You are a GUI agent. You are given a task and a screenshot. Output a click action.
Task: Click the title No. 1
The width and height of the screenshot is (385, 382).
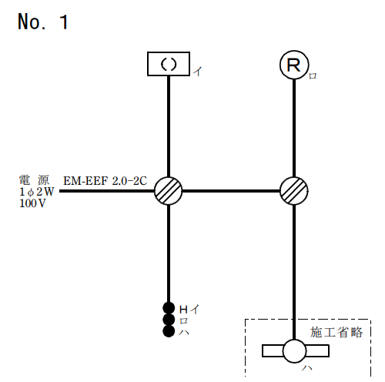click(x=43, y=22)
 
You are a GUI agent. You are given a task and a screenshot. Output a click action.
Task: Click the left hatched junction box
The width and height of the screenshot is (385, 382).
click(x=169, y=191)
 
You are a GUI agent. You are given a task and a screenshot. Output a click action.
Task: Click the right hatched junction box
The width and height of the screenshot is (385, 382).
click(x=294, y=191)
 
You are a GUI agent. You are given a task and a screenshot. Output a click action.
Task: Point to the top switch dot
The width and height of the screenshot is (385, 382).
click(x=169, y=308)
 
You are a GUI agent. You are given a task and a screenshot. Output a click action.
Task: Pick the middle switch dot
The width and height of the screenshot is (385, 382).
click(x=169, y=320)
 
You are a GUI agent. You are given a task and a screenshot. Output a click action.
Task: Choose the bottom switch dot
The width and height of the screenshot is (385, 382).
click(x=169, y=331)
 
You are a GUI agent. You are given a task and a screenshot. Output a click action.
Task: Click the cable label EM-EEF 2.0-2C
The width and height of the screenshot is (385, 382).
click(x=105, y=181)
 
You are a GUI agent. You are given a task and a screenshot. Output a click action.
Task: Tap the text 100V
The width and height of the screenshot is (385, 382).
click(x=32, y=203)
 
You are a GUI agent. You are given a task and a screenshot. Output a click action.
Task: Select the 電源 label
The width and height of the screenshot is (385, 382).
click(x=34, y=180)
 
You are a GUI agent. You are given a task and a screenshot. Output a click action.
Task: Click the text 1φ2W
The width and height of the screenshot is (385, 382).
click(x=37, y=192)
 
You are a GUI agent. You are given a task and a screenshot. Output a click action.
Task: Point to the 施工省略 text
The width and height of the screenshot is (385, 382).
click(x=336, y=332)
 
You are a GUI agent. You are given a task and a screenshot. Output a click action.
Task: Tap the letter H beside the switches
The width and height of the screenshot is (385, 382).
click(x=183, y=310)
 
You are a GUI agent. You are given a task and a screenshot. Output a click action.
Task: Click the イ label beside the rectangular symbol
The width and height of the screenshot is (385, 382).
click(x=198, y=71)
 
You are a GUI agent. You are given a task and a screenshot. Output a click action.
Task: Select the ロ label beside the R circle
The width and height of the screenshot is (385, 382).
click(x=313, y=76)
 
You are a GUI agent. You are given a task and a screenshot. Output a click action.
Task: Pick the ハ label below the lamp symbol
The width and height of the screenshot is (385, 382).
click(x=307, y=368)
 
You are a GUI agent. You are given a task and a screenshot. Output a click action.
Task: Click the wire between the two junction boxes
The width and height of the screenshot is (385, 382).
click(x=231, y=191)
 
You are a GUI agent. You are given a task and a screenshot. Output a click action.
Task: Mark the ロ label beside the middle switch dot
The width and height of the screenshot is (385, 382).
click(x=183, y=321)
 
